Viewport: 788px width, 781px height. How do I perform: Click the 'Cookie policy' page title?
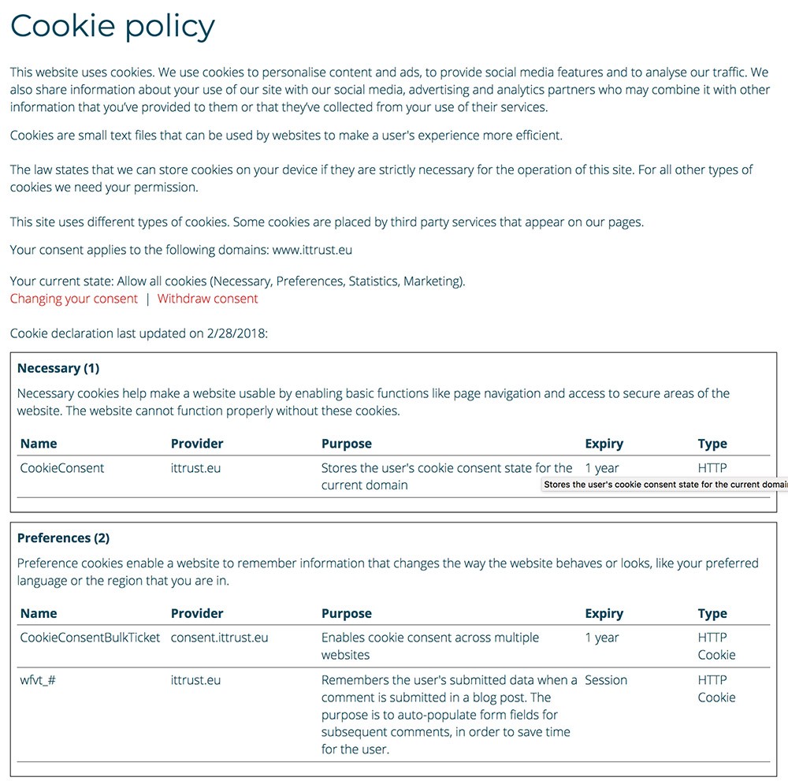click(112, 26)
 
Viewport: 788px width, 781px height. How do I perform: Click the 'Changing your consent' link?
click(74, 299)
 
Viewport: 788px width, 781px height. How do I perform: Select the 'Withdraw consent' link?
click(207, 299)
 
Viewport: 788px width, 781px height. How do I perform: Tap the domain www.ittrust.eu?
click(312, 251)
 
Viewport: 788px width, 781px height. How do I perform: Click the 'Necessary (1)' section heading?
click(58, 368)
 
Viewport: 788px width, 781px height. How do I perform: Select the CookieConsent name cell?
click(62, 468)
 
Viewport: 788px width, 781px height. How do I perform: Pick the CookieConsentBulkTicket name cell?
click(90, 638)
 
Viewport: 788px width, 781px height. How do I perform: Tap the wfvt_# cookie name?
click(38, 680)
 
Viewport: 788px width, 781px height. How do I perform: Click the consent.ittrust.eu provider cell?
click(219, 638)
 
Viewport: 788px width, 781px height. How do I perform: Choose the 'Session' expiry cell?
click(606, 680)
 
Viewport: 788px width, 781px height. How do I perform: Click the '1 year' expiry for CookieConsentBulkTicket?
click(602, 638)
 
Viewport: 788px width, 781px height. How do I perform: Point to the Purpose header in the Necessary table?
click(346, 444)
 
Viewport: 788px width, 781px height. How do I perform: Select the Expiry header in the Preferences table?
click(604, 613)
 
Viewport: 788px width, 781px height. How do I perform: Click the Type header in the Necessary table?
click(712, 444)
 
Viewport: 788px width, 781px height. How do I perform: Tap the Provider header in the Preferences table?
click(197, 613)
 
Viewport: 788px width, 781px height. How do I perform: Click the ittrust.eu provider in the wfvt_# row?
click(195, 680)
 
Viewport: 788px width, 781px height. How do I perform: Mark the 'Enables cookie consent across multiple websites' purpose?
click(429, 646)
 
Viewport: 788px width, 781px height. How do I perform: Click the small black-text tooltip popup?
click(665, 485)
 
